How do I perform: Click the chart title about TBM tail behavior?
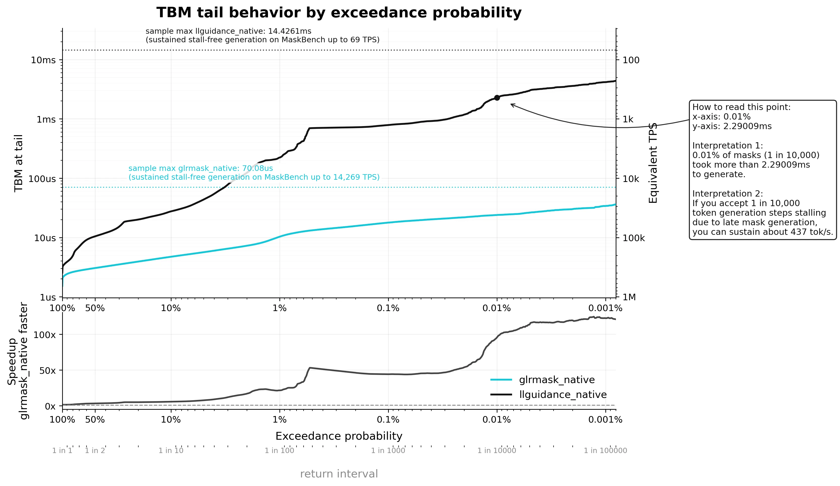click(x=339, y=13)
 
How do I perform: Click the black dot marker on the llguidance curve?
click(x=497, y=98)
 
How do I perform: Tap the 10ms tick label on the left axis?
click(x=43, y=60)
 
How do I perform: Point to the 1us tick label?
click(x=48, y=297)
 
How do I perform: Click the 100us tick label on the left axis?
click(x=42, y=179)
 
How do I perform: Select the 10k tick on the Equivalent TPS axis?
click(x=631, y=179)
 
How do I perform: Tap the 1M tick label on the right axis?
click(x=629, y=297)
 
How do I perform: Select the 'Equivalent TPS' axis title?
click(x=653, y=163)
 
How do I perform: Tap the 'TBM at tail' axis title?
click(x=19, y=163)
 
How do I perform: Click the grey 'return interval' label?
click(x=339, y=474)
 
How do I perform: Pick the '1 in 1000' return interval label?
click(x=388, y=451)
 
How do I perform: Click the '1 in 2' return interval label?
click(x=95, y=451)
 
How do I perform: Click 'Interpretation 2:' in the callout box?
click(x=728, y=194)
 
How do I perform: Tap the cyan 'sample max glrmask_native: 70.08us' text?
click(x=201, y=168)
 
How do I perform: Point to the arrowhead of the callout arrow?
click(x=511, y=104)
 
